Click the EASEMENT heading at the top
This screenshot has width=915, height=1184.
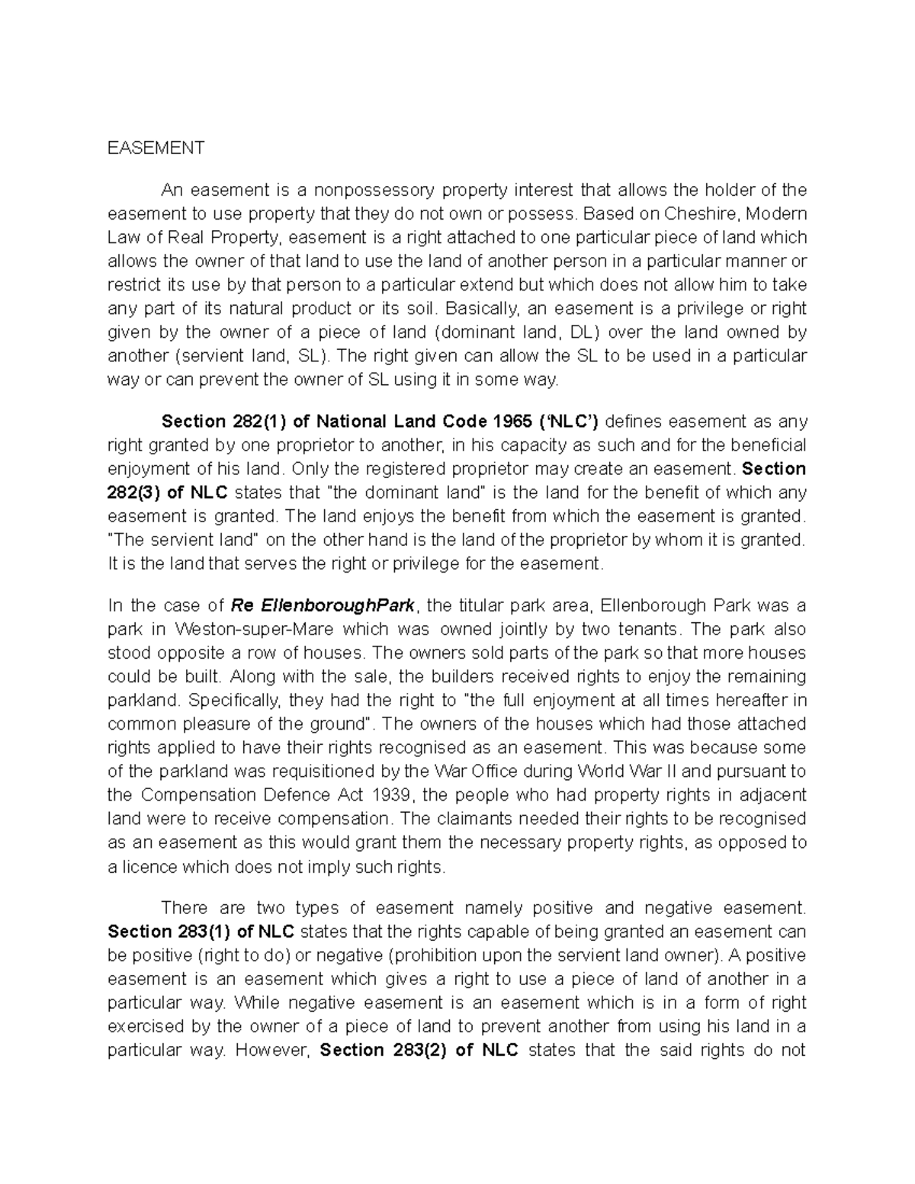pos(156,148)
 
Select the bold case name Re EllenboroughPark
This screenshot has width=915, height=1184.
pos(323,606)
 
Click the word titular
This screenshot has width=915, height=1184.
pos(459,606)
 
